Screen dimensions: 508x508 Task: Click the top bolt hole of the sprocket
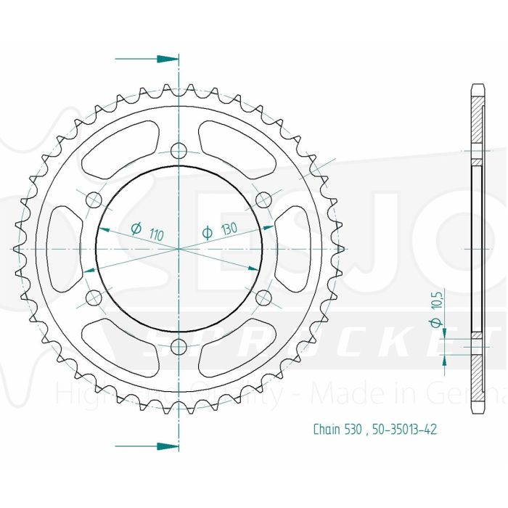[179, 150]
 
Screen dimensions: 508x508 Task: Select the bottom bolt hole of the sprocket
[179, 345]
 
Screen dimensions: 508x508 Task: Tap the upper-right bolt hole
[263, 199]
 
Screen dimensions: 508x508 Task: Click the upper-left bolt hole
[94, 199]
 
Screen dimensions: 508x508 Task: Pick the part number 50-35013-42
[406, 429]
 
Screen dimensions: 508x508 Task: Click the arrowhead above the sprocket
[168, 58]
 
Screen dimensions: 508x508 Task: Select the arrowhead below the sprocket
[168, 446]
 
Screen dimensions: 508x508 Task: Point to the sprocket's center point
[179, 248]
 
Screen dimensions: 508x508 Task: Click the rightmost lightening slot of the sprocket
[295, 248]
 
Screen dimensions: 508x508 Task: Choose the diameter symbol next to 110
[135, 229]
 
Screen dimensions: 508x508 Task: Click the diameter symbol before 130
[207, 233]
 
